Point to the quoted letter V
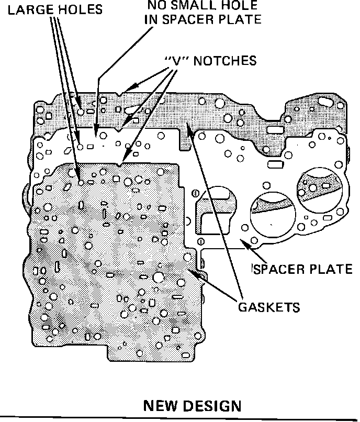pyautogui.click(x=174, y=61)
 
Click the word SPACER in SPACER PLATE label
pyautogui.click(x=279, y=269)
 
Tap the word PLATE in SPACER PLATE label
pyautogui.click(x=331, y=269)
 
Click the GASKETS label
pyautogui.click(x=269, y=307)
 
